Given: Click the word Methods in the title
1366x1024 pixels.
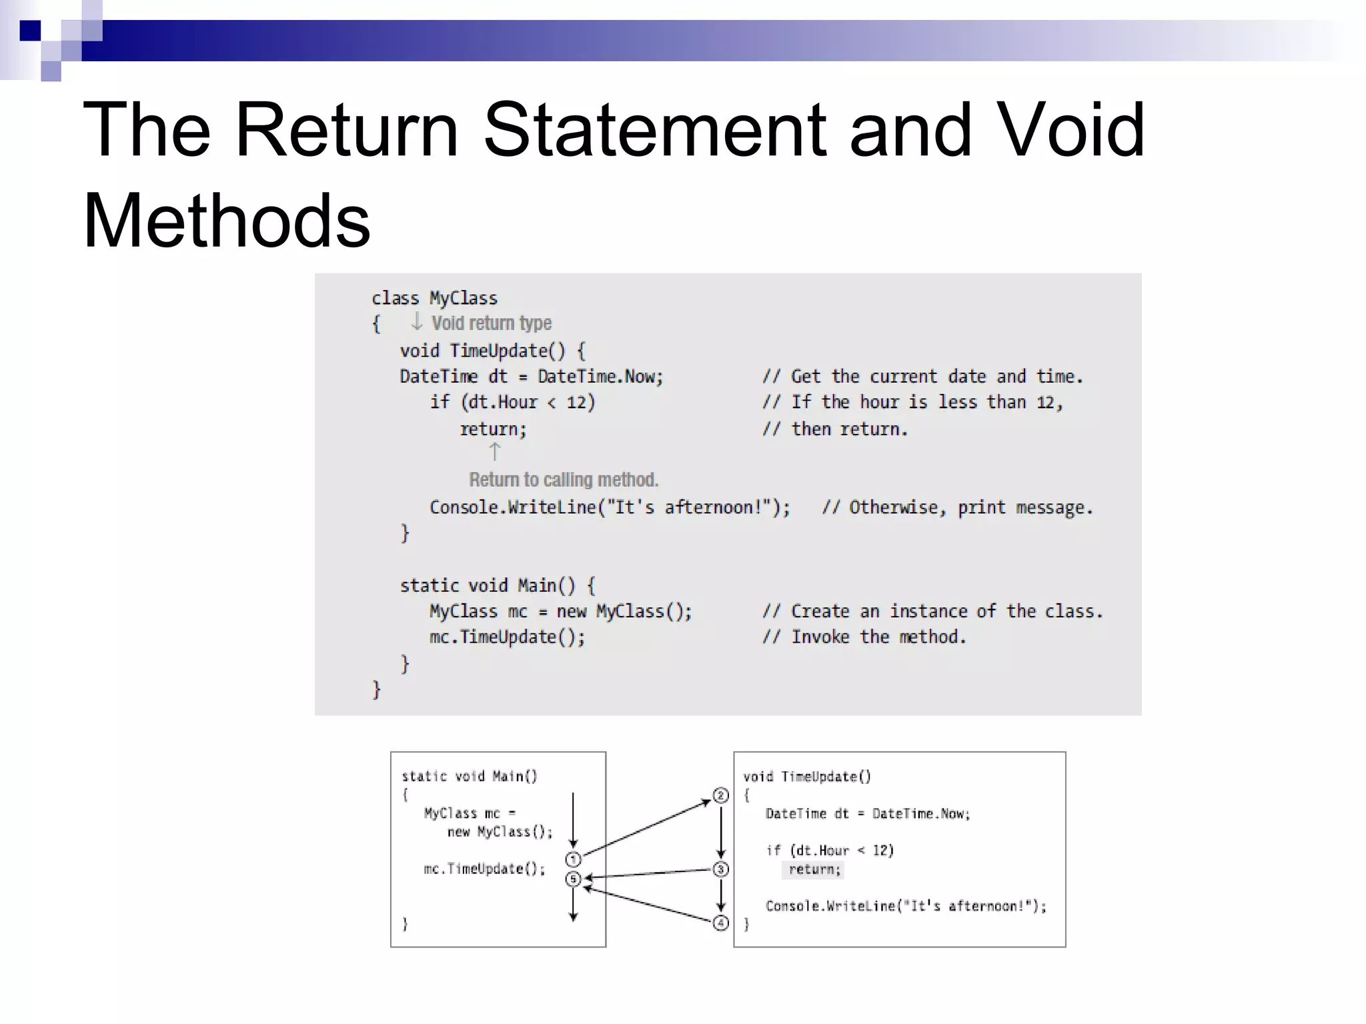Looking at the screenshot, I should pyautogui.click(x=226, y=221).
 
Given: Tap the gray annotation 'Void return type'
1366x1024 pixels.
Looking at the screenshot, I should pyautogui.click(x=491, y=323).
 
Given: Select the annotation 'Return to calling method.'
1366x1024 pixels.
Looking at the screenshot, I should pyautogui.click(x=563, y=480).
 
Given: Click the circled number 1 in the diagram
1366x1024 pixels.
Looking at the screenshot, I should pyautogui.click(x=573, y=859).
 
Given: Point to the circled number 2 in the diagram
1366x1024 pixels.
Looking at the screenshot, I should pyautogui.click(x=720, y=795).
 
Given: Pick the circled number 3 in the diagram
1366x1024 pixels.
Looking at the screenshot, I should pyautogui.click(x=720, y=869).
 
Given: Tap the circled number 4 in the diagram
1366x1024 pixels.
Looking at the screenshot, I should pyautogui.click(x=720, y=923).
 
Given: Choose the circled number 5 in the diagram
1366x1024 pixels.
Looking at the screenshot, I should pyautogui.click(x=573, y=879).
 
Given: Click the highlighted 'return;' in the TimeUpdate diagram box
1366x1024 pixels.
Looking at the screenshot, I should pyautogui.click(x=814, y=869).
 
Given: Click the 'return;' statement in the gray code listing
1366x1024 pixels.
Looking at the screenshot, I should pyautogui.click(x=493, y=429).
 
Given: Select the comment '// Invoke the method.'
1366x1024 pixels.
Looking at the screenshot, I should pyautogui.click(x=864, y=637).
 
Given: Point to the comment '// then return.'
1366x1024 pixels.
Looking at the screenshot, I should pyautogui.click(x=835, y=429).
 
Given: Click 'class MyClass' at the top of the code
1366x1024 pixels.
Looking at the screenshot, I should pyautogui.click(x=434, y=298).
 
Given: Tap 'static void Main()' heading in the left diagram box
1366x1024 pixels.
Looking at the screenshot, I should pyautogui.click(x=469, y=776).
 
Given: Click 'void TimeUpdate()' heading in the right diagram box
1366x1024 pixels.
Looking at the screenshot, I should pyautogui.click(x=807, y=777).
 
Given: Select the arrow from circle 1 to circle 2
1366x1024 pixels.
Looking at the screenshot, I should pyautogui.click(x=647, y=827).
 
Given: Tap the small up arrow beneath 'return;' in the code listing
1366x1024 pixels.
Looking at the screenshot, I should pyautogui.click(x=494, y=452).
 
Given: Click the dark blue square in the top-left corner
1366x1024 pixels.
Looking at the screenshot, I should pyautogui.click(x=30, y=31).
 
